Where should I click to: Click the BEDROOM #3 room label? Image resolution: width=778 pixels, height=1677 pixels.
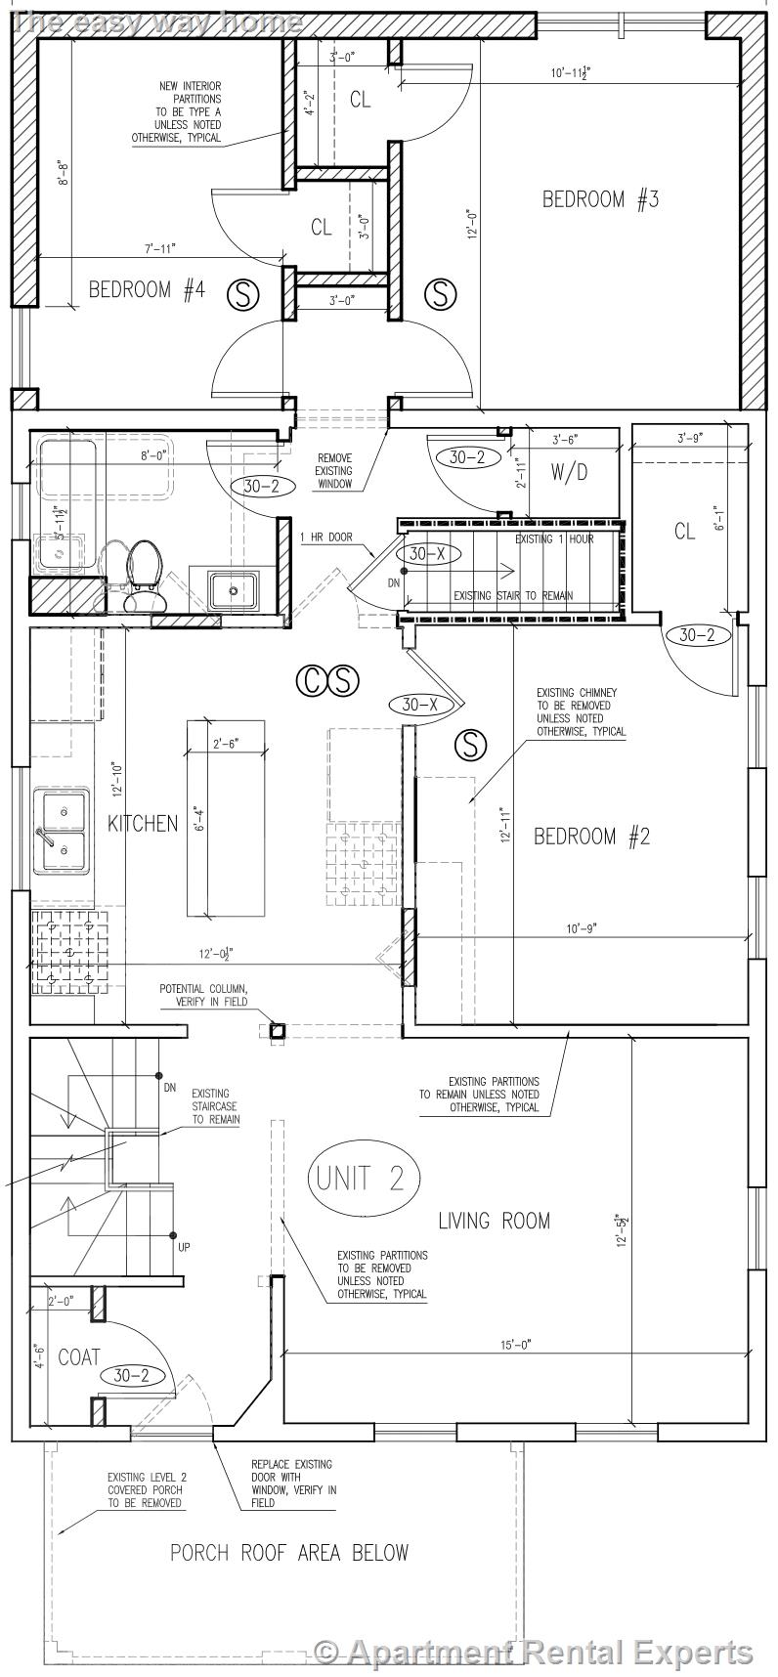tap(600, 199)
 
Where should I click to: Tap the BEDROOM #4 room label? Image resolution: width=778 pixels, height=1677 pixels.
tap(147, 289)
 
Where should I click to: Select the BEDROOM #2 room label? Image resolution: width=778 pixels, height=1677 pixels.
tap(591, 836)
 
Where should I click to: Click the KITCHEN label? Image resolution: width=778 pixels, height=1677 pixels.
tap(143, 823)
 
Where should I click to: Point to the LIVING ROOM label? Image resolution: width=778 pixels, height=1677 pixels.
tap(494, 1220)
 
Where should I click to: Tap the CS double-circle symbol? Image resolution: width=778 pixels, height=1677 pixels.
tap(327, 680)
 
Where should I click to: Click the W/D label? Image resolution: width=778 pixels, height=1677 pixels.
tap(570, 473)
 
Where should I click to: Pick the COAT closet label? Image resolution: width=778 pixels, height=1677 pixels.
tap(79, 1356)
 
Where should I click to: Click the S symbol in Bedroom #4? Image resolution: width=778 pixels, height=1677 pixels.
tap(243, 293)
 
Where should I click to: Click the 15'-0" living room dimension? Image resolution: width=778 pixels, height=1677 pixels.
tap(515, 1345)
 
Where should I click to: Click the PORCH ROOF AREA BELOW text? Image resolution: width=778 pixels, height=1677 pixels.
tap(289, 1552)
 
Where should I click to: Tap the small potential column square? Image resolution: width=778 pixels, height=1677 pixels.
tap(277, 1030)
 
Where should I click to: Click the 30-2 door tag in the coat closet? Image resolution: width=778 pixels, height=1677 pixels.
tap(132, 1375)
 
